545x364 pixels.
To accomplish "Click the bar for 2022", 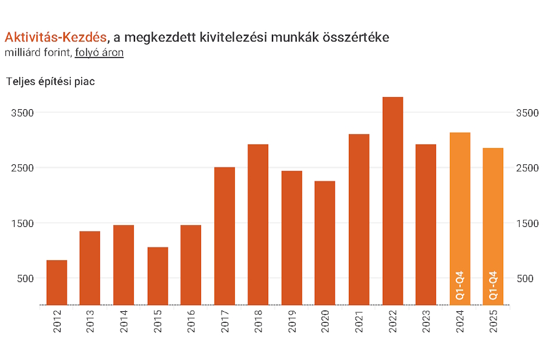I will tap(393, 200).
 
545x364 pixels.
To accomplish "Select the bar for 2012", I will tap(57, 282).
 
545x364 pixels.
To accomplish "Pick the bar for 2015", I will tap(157, 275).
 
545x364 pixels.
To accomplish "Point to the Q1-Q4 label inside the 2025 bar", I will tap(494, 286).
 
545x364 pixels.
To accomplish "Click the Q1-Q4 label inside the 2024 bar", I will tap(460, 286).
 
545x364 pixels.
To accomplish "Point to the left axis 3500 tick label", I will tap(22, 113).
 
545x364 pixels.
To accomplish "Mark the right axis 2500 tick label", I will tap(527, 168).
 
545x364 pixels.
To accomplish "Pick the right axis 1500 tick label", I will tap(527, 223).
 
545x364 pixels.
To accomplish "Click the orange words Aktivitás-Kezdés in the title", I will tap(55, 38).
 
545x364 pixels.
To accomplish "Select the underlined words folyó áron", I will tap(99, 53).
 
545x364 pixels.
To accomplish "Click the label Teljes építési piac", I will tap(50, 82).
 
